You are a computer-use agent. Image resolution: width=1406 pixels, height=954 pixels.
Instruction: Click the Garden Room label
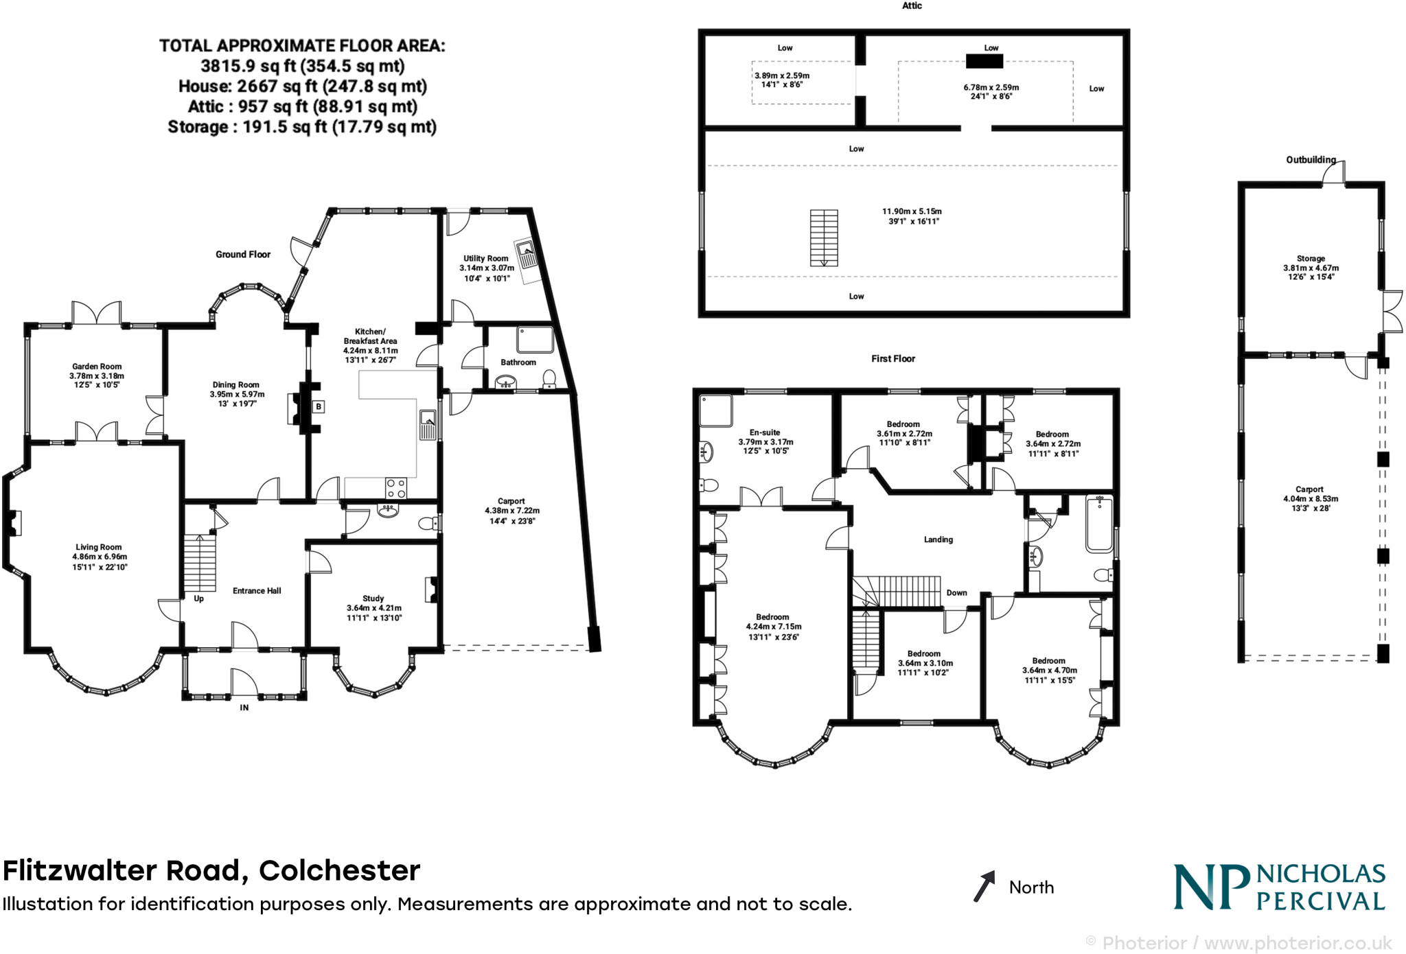97,367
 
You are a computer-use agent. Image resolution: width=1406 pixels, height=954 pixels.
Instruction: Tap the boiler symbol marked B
319,407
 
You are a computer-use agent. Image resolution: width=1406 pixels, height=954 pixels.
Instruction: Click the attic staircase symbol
824,237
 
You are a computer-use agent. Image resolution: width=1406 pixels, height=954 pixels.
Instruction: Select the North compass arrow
984,886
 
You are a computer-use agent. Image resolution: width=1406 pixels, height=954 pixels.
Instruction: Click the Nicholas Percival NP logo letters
1210,887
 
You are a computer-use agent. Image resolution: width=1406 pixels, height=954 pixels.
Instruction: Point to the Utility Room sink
527,254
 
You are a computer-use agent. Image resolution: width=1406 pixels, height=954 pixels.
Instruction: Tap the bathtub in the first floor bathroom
1099,524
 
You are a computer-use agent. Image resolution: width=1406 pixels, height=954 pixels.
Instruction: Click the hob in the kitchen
396,488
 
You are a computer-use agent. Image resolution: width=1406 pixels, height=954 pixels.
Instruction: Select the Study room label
373,598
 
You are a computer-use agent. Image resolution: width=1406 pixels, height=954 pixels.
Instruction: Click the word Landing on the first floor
938,539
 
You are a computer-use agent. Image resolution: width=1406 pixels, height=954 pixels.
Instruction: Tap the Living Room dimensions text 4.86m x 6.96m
100,557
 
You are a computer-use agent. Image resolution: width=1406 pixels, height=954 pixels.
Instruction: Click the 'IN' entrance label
244,708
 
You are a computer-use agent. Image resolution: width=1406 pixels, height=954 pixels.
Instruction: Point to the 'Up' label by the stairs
198,598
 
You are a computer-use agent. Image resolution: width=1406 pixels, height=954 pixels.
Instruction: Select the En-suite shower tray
716,410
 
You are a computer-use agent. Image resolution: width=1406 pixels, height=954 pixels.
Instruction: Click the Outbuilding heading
1311,160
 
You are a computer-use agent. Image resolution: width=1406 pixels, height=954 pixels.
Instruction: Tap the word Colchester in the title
339,870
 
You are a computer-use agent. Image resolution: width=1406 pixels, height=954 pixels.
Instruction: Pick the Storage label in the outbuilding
1311,259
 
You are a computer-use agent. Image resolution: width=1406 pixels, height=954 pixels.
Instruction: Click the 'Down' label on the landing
956,593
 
